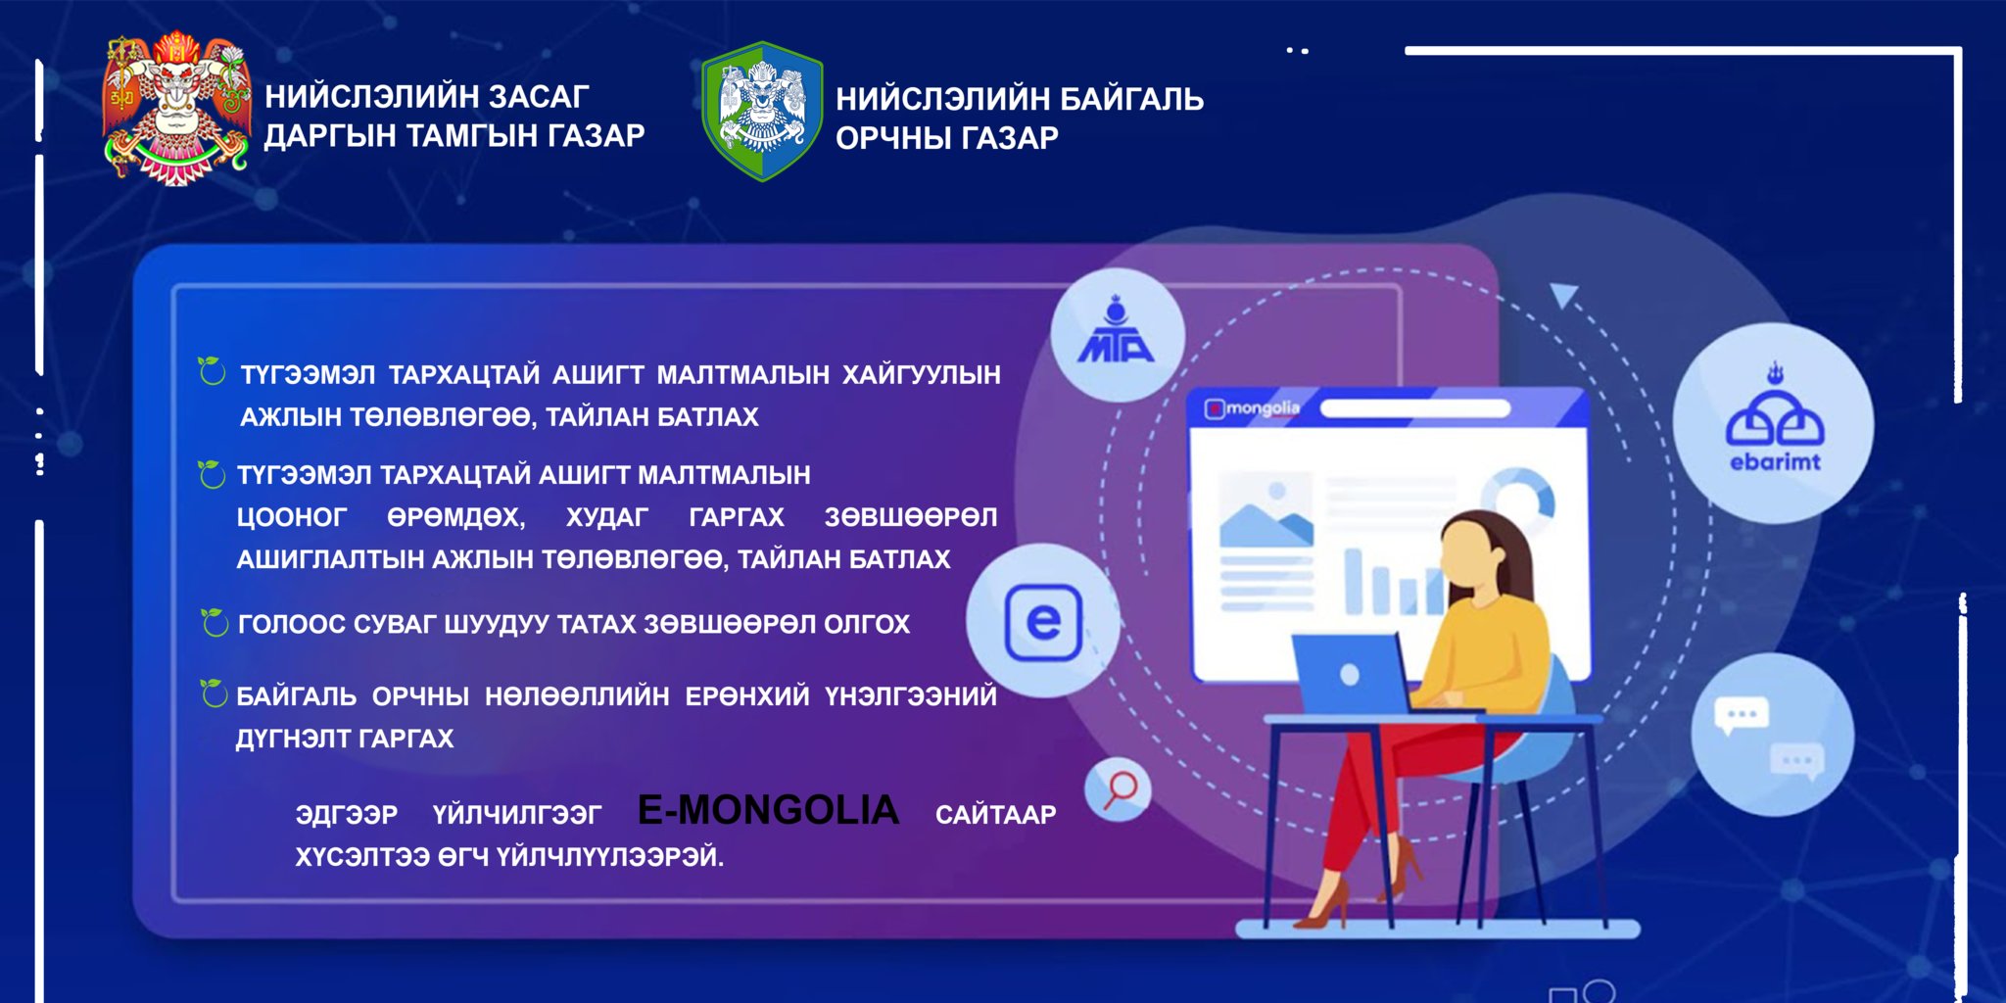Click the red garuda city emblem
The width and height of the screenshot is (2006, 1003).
pyautogui.click(x=176, y=108)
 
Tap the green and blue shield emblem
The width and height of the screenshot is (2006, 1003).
pyautogui.click(x=762, y=111)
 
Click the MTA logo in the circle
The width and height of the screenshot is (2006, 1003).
pyautogui.click(x=1116, y=330)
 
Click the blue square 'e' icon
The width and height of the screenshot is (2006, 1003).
pyautogui.click(x=1043, y=622)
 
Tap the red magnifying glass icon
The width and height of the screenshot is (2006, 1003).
pyautogui.click(x=1120, y=789)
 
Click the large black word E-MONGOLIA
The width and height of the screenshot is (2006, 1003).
pyautogui.click(x=768, y=810)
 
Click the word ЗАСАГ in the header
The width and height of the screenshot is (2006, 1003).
pyautogui.click(x=539, y=97)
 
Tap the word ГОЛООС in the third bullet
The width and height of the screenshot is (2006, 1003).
pyautogui.click(x=292, y=624)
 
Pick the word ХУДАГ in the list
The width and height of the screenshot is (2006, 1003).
pyautogui.click(x=606, y=517)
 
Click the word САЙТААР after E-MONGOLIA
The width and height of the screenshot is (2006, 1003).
pyautogui.click(x=995, y=815)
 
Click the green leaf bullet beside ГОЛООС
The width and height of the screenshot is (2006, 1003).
pyautogui.click(x=214, y=622)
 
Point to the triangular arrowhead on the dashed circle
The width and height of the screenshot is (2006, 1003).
pyautogui.click(x=1563, y=296)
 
